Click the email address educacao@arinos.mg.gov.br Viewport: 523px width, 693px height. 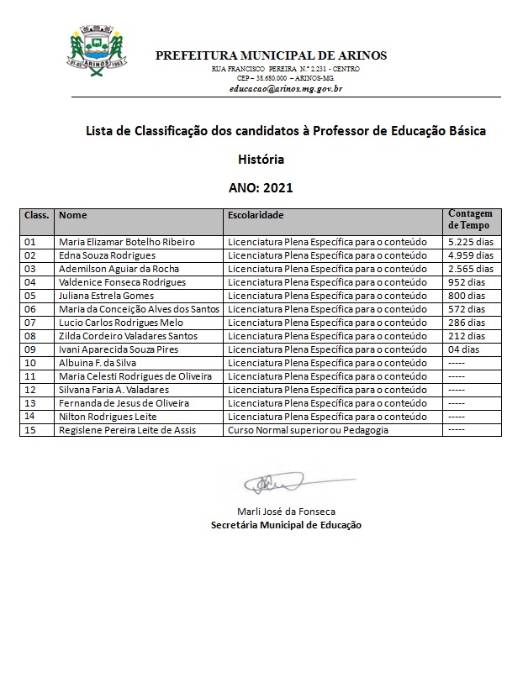285,87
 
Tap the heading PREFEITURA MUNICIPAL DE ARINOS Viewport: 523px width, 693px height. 271,55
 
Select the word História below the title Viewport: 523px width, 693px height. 261,159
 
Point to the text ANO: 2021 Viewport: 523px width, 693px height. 261,188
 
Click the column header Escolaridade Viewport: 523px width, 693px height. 256,215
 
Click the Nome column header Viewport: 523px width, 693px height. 73,215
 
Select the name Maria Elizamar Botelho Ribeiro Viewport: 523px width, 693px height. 126,242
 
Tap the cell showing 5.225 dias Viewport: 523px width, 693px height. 472,242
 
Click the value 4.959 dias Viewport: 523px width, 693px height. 472,255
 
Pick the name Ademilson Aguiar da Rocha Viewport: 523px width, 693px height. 119,269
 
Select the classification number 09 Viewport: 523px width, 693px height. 30,349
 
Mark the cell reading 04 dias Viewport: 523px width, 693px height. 464,349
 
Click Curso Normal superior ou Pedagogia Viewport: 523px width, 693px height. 308,430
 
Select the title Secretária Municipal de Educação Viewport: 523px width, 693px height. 286,525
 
